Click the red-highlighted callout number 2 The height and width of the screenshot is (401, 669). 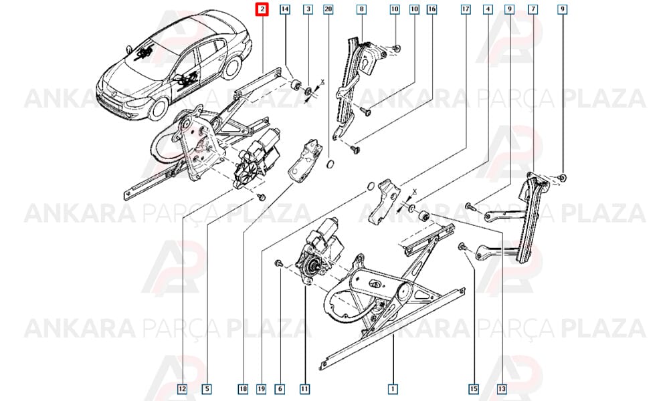(x=262, y=9)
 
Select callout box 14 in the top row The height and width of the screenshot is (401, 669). (x=284, y=9)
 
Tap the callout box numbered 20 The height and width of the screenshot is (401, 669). (x=328, y=9)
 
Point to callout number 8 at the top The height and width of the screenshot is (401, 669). (x=361, y=9)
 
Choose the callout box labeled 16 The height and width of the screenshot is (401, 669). (x=432, y=9)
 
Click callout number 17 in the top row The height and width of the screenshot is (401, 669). (x=466, y=9)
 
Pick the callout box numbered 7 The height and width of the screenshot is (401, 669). (x=533, y=9)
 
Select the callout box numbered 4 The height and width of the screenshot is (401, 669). (x=488, y=9)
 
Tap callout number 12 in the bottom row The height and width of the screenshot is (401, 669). (x=182, y=389)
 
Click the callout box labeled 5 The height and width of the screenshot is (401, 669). (x=207, y=389)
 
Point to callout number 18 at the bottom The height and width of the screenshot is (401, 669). (x=243, y=389)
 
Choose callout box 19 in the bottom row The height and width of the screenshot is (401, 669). (x=261, y=389)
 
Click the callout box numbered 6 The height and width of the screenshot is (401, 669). (x=280, y=389)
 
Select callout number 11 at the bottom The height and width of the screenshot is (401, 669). (x=304, y=389)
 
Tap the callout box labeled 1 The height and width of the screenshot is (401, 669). (x=393, y=389)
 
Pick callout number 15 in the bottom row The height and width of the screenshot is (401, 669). (x=474, y=389)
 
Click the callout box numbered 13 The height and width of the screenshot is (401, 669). (x=502, y=389)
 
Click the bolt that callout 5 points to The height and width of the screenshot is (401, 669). (x=261, y=197)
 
